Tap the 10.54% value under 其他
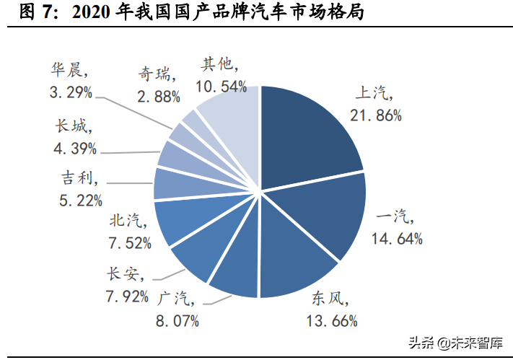click(x=221, y=87)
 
